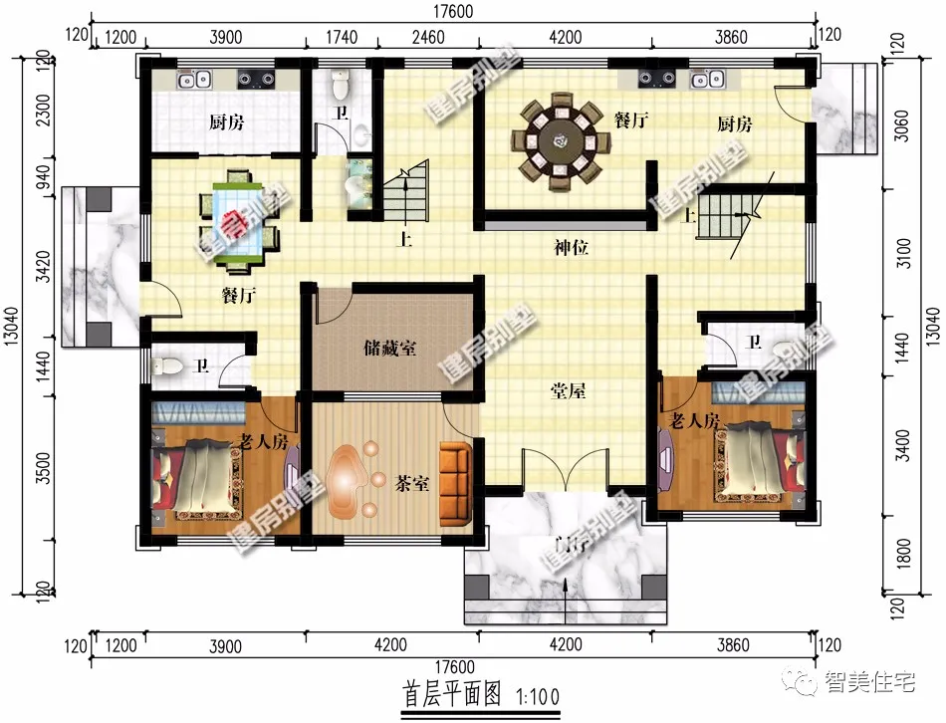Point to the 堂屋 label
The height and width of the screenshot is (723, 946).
click(569, 390)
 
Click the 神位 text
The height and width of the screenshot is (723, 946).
click(572, 247)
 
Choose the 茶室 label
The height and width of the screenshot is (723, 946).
click(412, 485)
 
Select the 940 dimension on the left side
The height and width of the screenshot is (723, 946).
click(40, 175)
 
